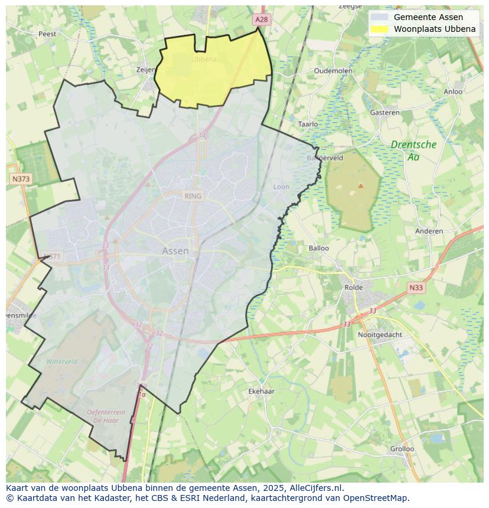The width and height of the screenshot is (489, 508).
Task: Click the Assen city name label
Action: pos(175,251)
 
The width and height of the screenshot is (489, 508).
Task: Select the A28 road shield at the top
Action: pos(262,19)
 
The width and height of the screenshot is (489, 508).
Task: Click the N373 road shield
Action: pos(21,178)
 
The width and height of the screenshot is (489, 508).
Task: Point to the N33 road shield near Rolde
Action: pos(416,287)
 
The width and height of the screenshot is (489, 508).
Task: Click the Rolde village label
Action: pos(354,287)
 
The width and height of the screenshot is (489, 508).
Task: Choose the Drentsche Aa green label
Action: pos(413,150)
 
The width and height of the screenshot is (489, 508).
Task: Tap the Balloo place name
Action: pos(319,248)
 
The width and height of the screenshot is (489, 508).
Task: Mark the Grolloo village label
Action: pos(402,448)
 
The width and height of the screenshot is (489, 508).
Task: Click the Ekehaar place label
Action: pos(261,391)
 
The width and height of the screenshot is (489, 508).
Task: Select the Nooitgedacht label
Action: pos(380,335)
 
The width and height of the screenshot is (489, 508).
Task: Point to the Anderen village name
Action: pos(429,231)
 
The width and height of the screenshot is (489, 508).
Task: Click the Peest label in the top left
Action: pos(47,34)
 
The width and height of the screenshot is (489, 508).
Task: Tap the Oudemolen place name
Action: pos(333,70)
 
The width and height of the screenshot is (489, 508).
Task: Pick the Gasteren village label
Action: pos(384,112)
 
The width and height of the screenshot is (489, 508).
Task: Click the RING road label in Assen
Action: pos(193,196)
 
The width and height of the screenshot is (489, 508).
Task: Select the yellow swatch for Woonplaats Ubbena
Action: pos(380,29)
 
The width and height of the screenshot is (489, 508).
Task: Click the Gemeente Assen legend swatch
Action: pos(380,17)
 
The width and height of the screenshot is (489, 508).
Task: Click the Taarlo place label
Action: pos(308,124)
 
